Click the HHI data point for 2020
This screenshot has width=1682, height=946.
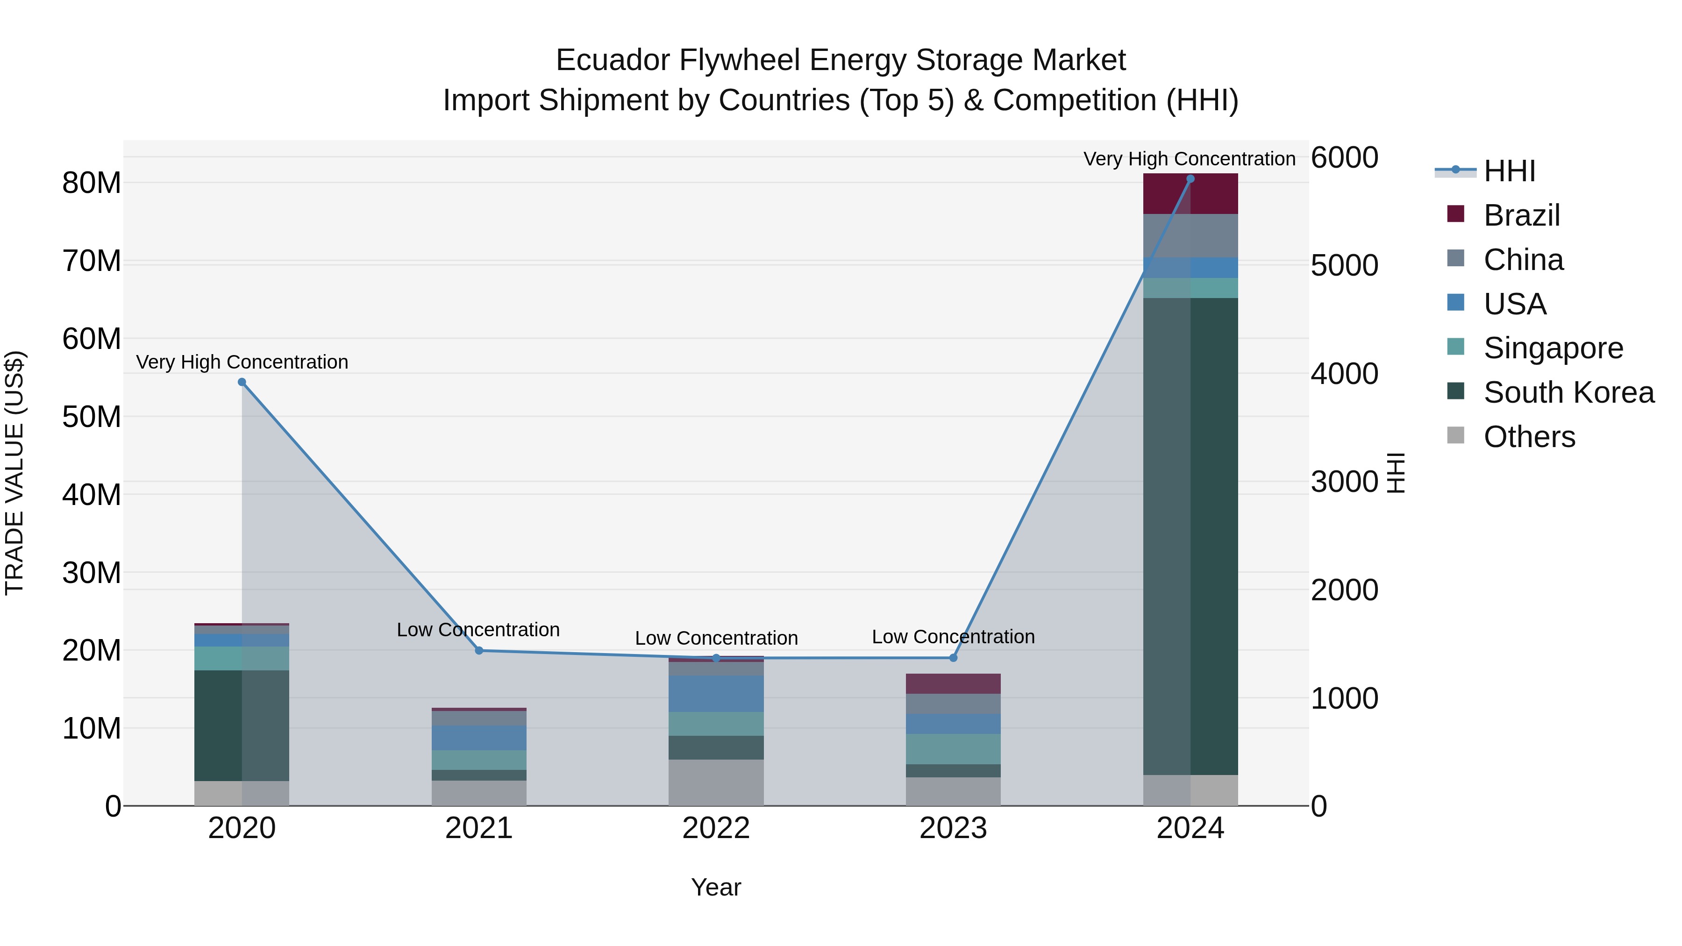tap(242, 382)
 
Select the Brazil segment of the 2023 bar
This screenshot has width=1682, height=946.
tap(953, 683)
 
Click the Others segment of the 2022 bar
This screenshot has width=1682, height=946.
tap(716, 782)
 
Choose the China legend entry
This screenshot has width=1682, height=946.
tap(1523, 260)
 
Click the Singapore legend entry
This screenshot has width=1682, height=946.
tap(1553, 348)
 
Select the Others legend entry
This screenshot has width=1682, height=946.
tap(1529, 437)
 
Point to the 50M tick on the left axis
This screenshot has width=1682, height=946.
tap(92, 417)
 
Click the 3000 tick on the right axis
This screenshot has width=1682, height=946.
tap(1344, 482)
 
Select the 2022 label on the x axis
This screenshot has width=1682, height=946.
tap(716, 828)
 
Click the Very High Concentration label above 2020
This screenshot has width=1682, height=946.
tap(242, 362)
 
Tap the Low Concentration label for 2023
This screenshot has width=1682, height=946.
tap(953, 637)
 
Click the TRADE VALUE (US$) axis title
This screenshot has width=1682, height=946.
tap(14, 473)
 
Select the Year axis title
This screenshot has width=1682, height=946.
tap(716, 887)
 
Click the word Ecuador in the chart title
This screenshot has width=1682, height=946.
tap(613, 60)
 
